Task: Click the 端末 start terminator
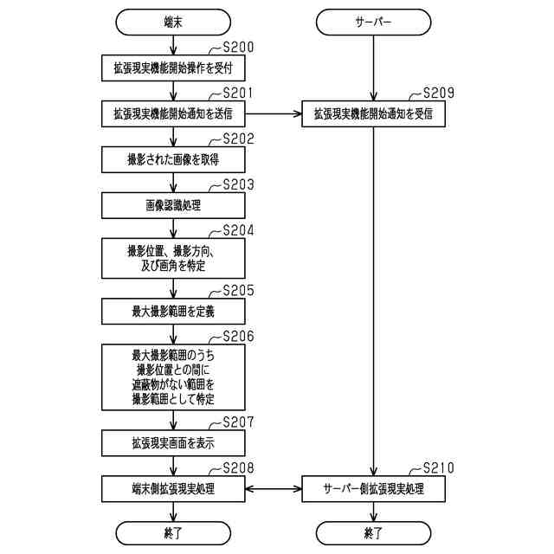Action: click(x=173, y=19)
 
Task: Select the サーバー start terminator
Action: click(x=373, y=19)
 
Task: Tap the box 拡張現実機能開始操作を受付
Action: click(x=173, y=66)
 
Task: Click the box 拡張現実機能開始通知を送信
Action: click(x=173, y=113)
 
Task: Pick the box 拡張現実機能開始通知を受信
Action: click(x=373, y=113)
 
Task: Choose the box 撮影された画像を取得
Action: click(x=173, y=160)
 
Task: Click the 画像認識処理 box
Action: click(x=173, y=206)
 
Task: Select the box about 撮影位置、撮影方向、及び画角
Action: click(x=173, y=257)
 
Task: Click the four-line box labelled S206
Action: click(x=173, y=377)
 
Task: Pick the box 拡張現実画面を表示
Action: click(x=173, y=442)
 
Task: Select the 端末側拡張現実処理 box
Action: click(x=173, y=489)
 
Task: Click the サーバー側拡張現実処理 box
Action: click(x=373, y=489)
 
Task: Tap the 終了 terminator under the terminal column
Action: click(x=173, y=532)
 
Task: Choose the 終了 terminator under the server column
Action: click(x=373, y=532)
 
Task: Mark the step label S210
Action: click(x=438, y=468)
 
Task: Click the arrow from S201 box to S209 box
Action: click(x=273, y=113)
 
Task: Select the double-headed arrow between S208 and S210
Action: click(x=273, y=489)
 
